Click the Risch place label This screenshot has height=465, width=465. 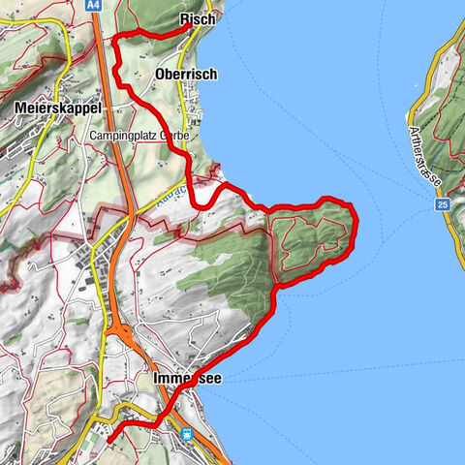[x=198, y=19]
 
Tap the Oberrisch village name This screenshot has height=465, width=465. [x=185, y=75]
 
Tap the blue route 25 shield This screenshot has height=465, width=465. [x=441, y=204]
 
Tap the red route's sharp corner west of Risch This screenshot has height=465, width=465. [x=117, y=38]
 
